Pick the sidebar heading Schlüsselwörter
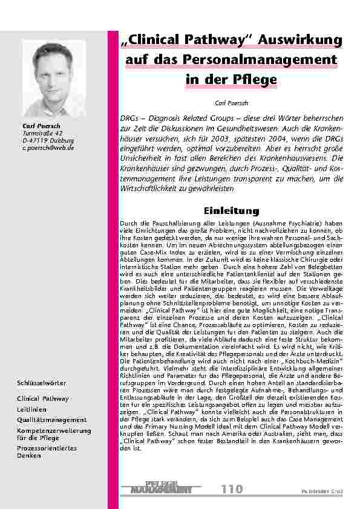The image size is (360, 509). click(x=42, y=384)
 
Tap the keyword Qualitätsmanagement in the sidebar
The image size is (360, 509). click(x=51, y=420)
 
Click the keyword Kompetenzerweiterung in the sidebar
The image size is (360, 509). click(x=53, y=430)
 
